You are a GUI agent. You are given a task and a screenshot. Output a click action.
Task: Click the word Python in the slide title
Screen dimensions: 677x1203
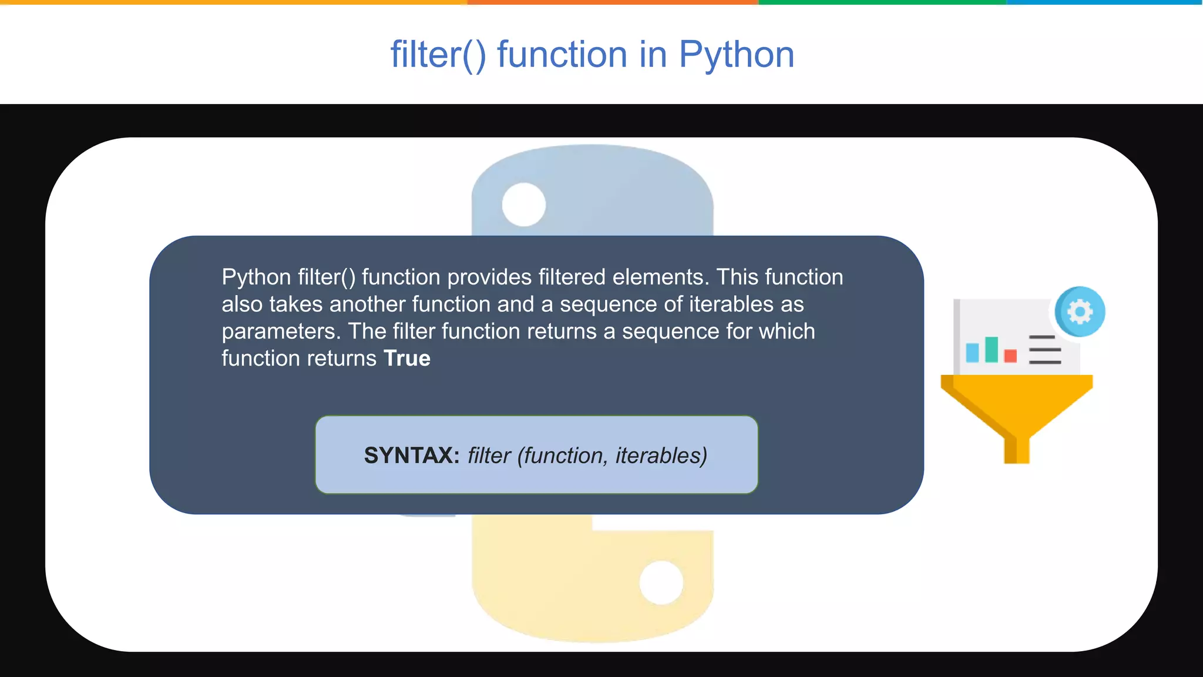(736, 55)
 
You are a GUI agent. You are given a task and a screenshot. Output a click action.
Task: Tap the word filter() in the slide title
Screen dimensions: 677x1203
(438, 55)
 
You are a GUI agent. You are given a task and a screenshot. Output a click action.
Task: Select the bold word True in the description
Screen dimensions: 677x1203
(406, 358)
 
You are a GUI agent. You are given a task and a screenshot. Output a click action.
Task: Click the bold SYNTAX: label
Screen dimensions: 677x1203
(411, 455)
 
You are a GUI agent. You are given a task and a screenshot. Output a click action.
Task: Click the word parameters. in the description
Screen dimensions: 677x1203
(281, 332)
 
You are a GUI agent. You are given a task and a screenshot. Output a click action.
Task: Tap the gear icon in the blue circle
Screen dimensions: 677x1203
(1080, 311)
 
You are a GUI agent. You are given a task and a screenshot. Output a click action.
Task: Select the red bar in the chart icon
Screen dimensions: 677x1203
(1010, 356)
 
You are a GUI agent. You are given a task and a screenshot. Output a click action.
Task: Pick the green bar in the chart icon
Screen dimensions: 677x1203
(992, 349)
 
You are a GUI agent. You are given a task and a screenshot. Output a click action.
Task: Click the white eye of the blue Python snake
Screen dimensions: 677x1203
(523, 205)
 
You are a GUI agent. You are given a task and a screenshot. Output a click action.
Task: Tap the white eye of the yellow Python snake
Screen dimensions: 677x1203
(661, 582)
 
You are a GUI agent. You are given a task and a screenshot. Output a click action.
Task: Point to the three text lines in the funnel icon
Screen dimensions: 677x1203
(1044, 350)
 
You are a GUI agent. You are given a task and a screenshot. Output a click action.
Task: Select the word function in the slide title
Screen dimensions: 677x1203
(562, 55)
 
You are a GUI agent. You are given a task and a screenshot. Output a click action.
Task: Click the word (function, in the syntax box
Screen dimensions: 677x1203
(562, 455)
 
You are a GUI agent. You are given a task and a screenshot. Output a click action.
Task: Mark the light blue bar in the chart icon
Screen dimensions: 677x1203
(972, 353)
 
